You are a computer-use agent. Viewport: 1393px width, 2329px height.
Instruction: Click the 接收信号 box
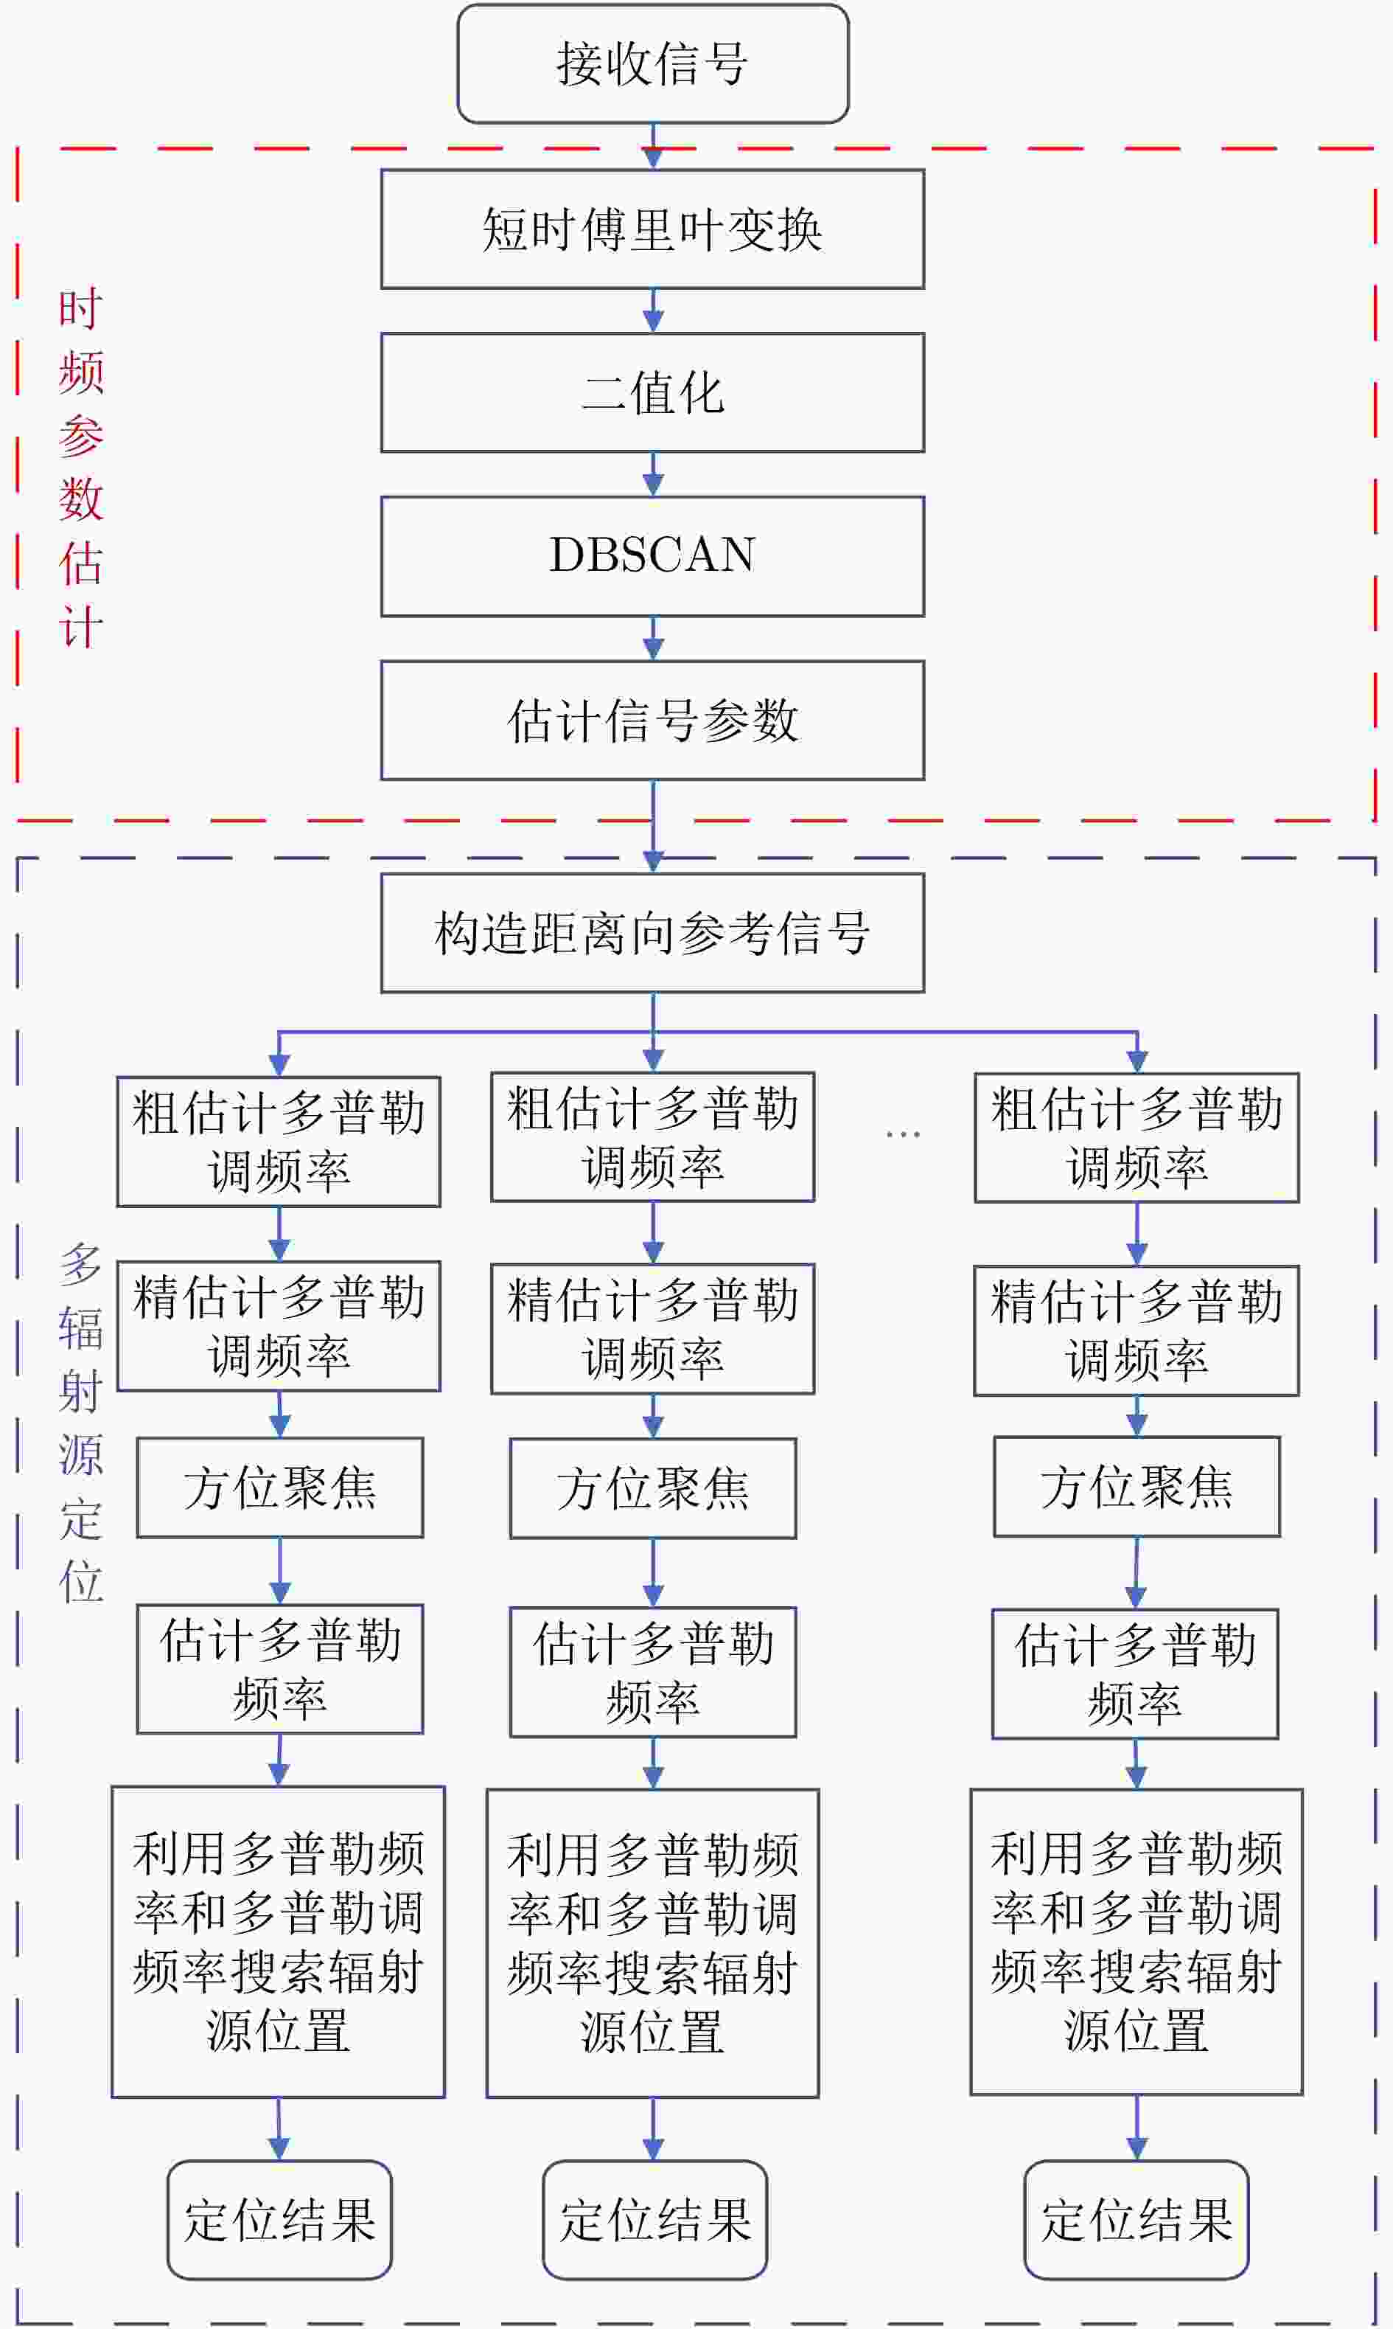[x=652, y=64]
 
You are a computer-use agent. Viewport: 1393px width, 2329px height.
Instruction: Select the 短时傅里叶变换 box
[x=652, y=229]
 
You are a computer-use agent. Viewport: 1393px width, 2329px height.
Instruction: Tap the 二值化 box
[x=652, y=392]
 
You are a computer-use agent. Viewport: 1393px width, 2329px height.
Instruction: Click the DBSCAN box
[x=652, y=556]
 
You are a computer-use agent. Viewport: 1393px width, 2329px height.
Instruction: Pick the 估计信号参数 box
[x=652, y=721]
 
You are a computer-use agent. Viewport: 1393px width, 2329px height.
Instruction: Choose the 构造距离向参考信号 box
[x=652, y=932]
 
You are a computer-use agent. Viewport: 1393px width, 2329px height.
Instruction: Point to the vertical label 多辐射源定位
[x=81, y=1423]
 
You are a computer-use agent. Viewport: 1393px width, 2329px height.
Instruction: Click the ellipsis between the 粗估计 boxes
[x=903, y=1134]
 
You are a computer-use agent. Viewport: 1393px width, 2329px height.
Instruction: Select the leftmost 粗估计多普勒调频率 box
[x=279, y=1141]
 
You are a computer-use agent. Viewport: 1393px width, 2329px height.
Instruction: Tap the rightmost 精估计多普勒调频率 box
[x=1136, y=1330]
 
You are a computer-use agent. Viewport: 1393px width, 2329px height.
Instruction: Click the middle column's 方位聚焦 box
[x=652, y=1488]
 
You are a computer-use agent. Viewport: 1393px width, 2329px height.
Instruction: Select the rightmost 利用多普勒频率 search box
[x=1136, y=1942]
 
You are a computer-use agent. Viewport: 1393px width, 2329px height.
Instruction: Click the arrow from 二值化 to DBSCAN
[x=653, y=474]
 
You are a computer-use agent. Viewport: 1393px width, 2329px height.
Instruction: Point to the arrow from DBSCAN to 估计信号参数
[x=653, y=639]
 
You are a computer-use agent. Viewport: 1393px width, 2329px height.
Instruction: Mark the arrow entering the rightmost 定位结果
[x=1137, y=2127]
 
